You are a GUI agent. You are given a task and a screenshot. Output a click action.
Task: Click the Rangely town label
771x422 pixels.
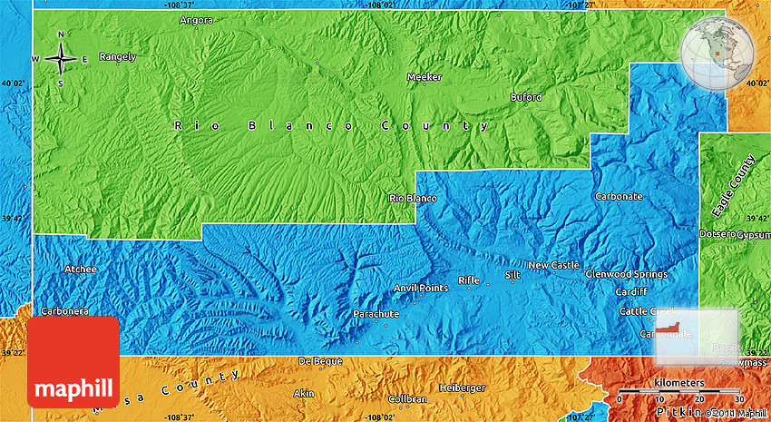(117, 56)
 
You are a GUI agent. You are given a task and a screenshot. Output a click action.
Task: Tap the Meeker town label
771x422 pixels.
(425, 78)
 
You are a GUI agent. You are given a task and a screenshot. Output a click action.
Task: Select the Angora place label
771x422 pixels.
(196, 20)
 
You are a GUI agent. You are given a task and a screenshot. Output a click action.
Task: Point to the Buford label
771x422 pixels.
(526, 97)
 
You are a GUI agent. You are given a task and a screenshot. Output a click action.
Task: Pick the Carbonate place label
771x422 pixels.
(619, 196)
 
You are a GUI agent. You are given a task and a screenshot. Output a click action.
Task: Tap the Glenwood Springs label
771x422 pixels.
(626, 274)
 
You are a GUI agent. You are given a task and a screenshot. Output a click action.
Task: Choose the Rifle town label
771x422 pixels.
(468, 280)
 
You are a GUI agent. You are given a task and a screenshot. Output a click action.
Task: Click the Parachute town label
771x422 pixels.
(376, 314)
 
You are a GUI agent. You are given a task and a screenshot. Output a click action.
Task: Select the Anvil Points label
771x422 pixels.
(420, 289)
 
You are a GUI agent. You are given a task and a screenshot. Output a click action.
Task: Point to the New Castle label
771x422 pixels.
(553, 265)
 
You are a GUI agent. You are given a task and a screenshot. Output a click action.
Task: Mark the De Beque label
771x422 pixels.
(320, 361)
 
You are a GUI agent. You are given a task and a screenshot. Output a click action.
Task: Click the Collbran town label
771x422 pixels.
(406, 399)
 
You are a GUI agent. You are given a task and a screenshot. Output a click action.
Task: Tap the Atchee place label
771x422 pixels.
(80, 270)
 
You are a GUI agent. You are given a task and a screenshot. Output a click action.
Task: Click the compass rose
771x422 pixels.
(61, 59)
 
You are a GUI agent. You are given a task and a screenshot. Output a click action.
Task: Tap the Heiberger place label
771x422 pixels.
(462, 388)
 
